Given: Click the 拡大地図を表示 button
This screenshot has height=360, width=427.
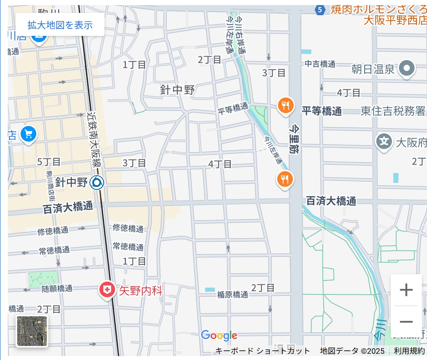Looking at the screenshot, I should click(x=60, y=25).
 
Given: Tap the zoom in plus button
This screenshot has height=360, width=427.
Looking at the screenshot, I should click(x=406, y=290).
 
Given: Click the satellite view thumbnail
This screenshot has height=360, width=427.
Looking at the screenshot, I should click(x=32, y=331).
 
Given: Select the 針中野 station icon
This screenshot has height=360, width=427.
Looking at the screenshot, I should click(x=96, y=182).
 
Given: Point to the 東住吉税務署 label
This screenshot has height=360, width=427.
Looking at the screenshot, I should click(x=393, y=111).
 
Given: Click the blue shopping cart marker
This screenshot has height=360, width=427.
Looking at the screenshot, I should click(x=28, y=134).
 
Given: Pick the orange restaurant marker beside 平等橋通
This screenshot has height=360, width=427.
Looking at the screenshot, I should click(x=285, y=105).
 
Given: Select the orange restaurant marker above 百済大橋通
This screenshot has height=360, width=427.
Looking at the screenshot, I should click(x=285, y=179).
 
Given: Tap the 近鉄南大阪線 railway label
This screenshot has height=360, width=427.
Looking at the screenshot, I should click(x=94, y=140).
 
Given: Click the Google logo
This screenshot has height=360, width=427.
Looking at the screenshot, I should click(x=219, y=335).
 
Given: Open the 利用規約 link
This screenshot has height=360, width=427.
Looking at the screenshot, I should click(x=409, y=351).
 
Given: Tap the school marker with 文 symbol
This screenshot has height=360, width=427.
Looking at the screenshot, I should click(x=384, y=141).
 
